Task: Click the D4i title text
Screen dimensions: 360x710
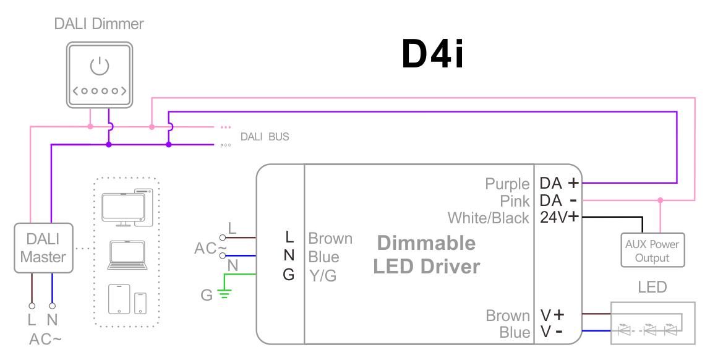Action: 432,56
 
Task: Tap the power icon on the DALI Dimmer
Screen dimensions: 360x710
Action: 99,66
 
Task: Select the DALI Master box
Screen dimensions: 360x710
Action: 43,249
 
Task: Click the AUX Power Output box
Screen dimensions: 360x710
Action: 652,251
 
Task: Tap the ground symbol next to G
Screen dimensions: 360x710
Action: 223,295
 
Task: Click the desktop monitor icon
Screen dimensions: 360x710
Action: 123,207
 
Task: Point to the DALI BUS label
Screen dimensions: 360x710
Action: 264,137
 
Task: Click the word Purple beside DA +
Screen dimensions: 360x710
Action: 507,184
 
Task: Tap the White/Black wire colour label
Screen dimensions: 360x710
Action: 489,218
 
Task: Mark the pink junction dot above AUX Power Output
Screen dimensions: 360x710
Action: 661,200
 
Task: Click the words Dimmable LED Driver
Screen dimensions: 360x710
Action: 426,254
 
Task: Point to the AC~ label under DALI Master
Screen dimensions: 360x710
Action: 45,340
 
